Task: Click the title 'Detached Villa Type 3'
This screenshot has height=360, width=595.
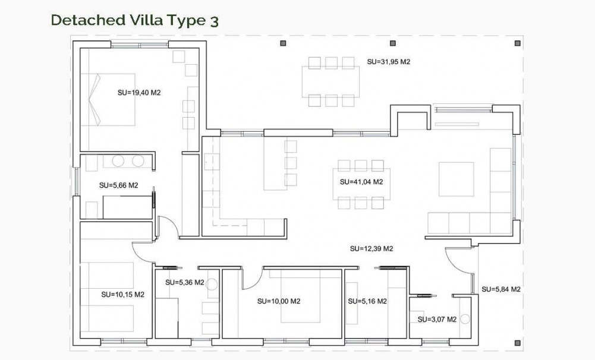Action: (135, 20)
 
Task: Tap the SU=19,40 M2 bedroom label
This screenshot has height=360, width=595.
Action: (140, 93)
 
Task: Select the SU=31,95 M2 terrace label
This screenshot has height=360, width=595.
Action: (389, 61)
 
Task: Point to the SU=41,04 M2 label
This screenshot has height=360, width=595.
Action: (361, 182)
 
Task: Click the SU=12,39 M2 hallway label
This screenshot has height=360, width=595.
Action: (372, 249)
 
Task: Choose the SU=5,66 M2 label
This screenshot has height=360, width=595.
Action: (118, 185)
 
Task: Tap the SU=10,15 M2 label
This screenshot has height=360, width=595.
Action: (123, 294)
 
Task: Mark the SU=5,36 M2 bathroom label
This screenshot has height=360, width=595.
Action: (184, 282)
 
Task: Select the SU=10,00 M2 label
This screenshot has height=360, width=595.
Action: (279, 301)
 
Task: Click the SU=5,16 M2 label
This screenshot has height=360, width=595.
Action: (367, 301)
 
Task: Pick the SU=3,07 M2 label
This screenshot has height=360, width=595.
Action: (437, 319)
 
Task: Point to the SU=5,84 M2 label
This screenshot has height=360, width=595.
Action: (501, 289)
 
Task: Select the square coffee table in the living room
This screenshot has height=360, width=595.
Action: (457, 179)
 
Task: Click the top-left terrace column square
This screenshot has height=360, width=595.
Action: (284, 43)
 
